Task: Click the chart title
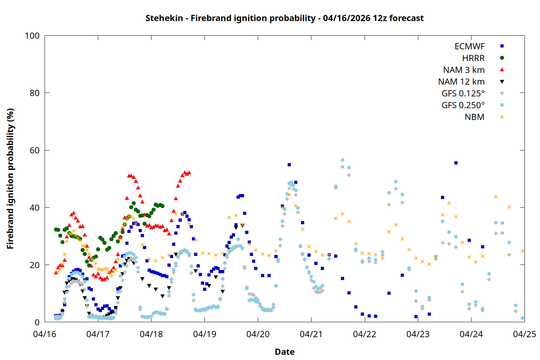[284, 18]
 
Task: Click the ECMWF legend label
[469, 46]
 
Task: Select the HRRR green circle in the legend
[502, 58]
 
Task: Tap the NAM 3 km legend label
[464, 70]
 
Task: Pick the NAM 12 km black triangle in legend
[502, 82]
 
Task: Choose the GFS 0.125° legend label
[463, 94]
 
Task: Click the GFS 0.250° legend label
[463, 105]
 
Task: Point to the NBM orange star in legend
[502, 117]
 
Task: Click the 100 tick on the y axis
[32, 36]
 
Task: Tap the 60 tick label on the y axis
[35, 150]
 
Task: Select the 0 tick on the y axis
[37, 323]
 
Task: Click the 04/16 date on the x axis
[45, 334]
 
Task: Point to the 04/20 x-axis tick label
[258, 334]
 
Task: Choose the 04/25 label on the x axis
[524, 334]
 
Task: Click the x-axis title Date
[284, 352]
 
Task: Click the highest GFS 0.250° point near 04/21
[342, 160]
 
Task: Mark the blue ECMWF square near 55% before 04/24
[456, 163]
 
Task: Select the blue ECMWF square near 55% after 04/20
[289, 165]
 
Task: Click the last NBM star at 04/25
[522, 251]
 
